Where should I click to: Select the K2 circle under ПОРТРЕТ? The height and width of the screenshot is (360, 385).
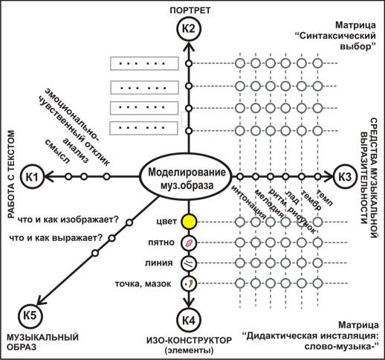[189, 29]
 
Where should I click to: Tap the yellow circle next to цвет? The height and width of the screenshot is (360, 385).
[190, 222]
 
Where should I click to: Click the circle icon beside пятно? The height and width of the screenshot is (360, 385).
[190, 242]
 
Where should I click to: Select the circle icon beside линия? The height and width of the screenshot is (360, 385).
[190, 263]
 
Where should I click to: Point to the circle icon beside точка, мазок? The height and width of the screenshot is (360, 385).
[190, 283]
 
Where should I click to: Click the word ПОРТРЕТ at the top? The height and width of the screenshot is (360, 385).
[190, 10]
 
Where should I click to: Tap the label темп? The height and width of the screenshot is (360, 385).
[325, 198]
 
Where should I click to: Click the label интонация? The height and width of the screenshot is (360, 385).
[249, 202]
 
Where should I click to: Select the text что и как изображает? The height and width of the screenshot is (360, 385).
[68, 219]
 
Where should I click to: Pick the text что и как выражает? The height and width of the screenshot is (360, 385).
[56, 238]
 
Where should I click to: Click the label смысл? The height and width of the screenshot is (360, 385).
[57, 151]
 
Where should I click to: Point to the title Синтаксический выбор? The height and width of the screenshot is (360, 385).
[337, 41]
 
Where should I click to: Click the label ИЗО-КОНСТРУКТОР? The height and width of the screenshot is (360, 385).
[190, 341]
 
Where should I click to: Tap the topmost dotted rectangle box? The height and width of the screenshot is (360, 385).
[144, 63]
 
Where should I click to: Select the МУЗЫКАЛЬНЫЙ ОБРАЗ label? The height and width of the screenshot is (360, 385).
[42, 342]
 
